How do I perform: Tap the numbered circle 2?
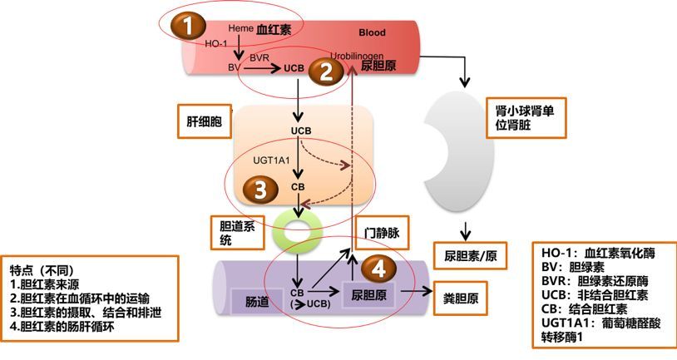326,72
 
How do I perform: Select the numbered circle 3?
259,190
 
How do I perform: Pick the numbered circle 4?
378,269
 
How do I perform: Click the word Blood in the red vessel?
372,32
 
